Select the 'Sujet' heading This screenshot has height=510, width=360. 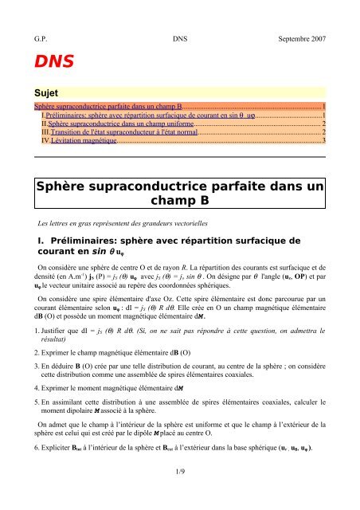(47, 92)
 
